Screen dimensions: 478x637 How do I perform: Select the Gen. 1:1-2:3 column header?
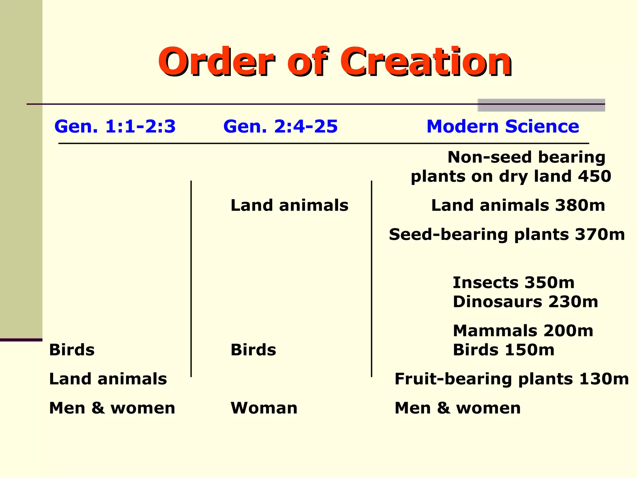[115, 126]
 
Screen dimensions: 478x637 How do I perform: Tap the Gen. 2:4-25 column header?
[280, 126]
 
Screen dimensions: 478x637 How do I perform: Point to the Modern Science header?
[503, 126]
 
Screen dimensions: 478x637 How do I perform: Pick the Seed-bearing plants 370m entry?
[507, 234]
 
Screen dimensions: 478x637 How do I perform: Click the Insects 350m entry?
[514, 283]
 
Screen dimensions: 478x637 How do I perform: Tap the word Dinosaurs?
[497, 302]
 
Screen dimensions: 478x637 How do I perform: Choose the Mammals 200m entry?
[523, 330]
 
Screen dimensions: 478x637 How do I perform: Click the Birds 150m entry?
[504, 350]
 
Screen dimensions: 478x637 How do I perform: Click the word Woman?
[264, 408]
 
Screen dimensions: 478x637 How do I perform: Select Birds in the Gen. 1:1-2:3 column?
[72, 350]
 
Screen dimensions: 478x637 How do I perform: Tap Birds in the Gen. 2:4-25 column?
[253, 350]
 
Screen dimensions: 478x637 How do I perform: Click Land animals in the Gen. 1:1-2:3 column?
[108, 379]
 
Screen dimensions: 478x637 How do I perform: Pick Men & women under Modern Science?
[458, 408]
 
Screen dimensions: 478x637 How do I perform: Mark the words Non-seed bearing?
[526, 157]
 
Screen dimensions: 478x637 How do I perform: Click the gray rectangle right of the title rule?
[541, 105]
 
